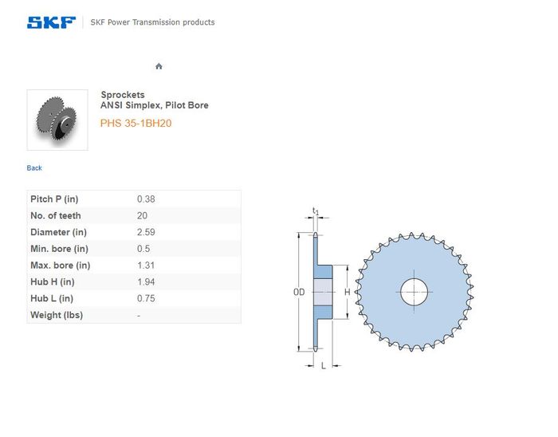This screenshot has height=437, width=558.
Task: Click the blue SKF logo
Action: [x=51, y=22]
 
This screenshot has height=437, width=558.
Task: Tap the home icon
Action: [x=159, y=66]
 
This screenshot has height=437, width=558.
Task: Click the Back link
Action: [x=34, y=168]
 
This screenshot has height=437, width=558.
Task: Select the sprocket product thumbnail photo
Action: [x=57, y=120]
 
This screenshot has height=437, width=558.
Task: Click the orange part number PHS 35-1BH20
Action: [x=136, y=123]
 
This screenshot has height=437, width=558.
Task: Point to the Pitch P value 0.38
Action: [x=146, y=199]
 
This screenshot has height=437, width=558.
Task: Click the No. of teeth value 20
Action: [x=142, y=215]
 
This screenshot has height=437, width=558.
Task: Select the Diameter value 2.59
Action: [x=146, y=232]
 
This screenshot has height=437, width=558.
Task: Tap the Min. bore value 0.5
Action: [x=143, y=249]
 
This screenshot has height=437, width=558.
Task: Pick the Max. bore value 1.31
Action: [x=146, y=265]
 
